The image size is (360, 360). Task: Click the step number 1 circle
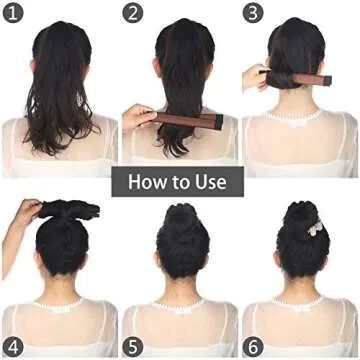13,14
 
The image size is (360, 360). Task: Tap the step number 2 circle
133,14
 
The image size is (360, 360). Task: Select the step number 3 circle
253,14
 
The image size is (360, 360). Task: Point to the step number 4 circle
13,346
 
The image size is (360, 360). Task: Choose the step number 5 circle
133,346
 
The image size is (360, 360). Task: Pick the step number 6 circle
253,346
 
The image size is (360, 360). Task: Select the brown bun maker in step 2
186,121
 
